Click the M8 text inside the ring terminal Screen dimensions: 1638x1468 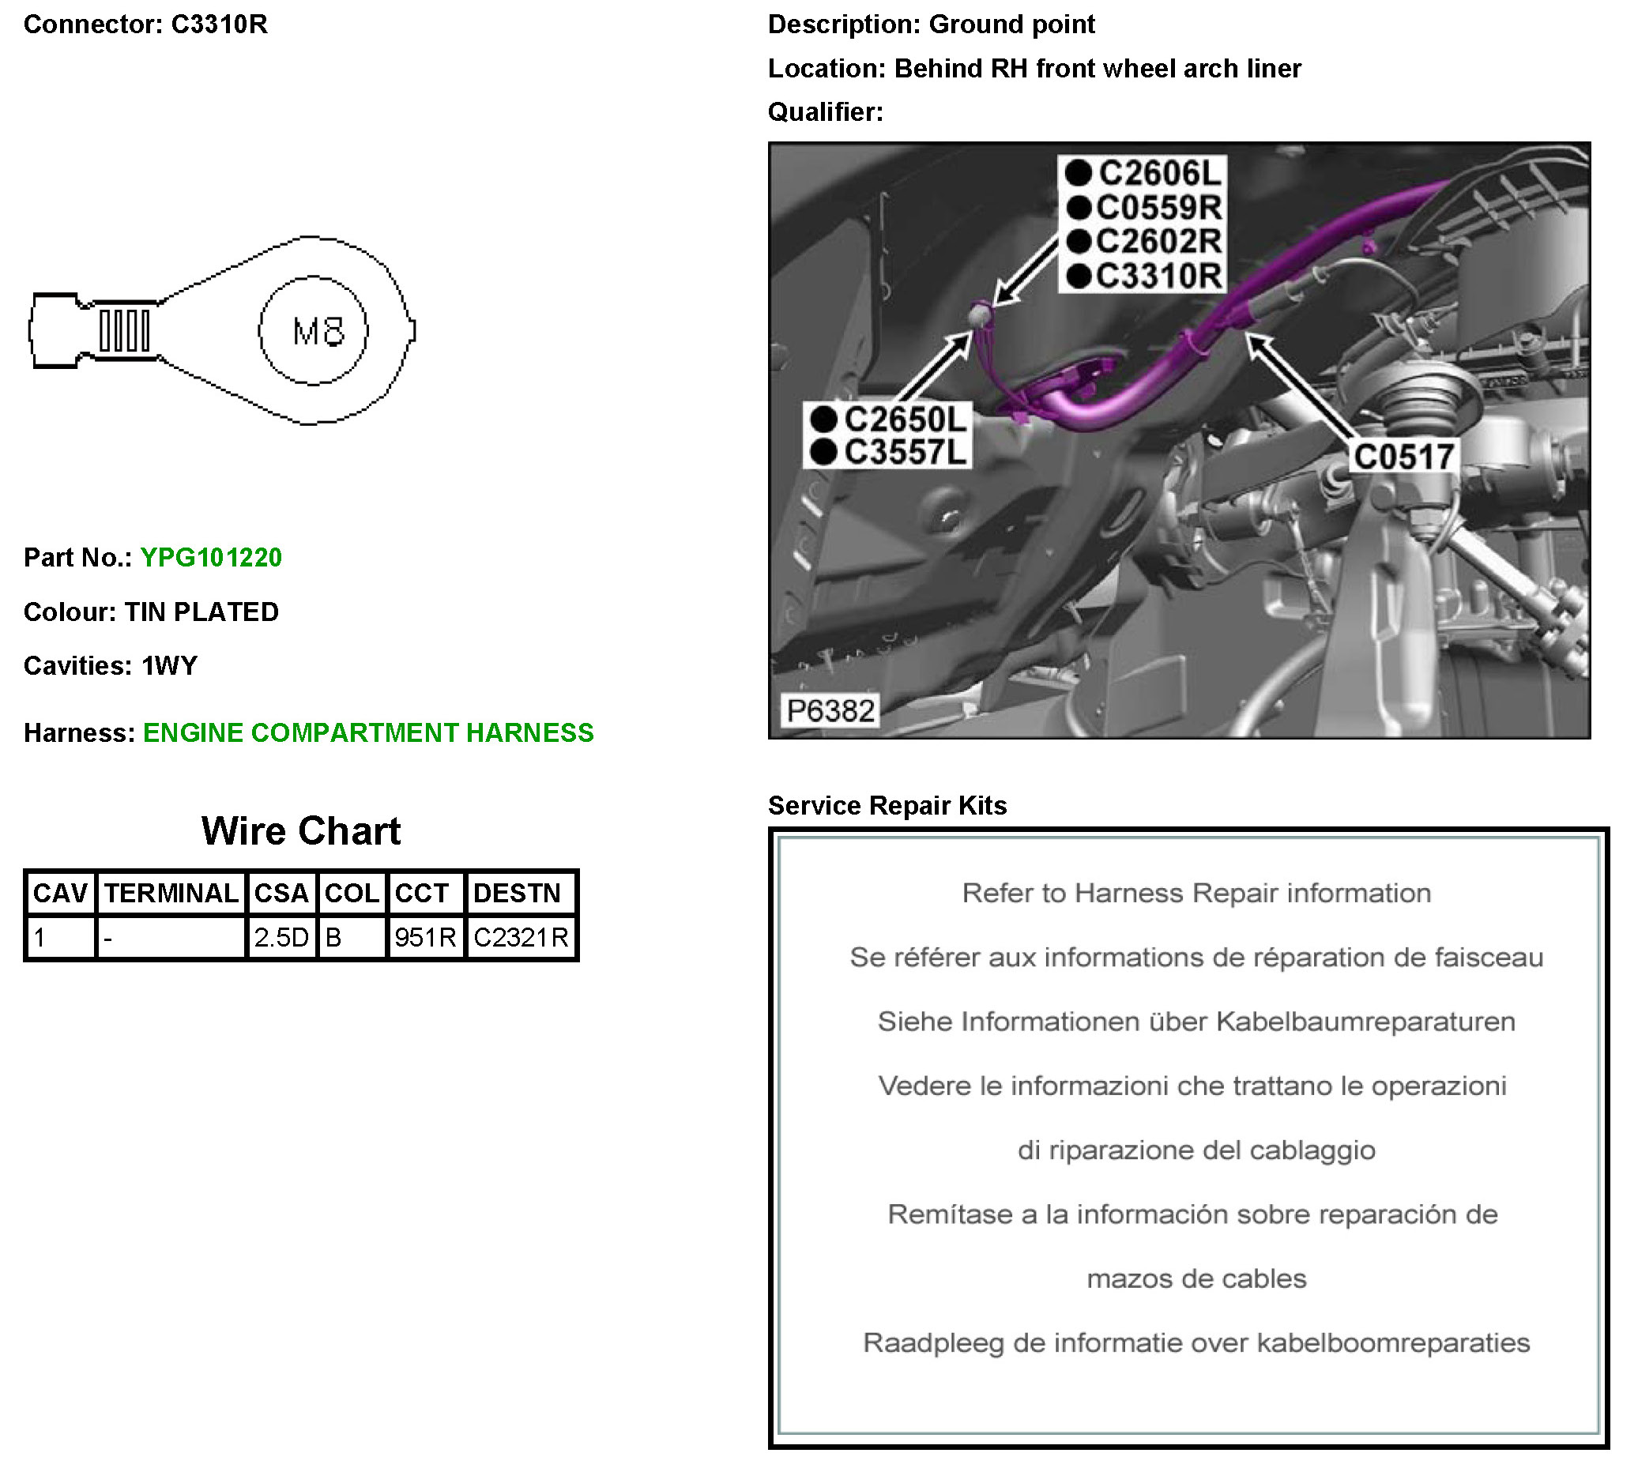pos(318,332)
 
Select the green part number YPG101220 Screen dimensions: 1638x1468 pos(210,557)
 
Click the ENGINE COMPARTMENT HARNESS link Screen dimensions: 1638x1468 pos(367,732)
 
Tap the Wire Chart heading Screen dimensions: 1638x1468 pos(301,831)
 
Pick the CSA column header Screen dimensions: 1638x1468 pos(281,893)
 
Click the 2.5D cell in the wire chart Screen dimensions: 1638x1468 pos(281,937)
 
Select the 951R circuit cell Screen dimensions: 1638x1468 pos(425,937)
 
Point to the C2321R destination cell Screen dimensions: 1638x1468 pos(521,937)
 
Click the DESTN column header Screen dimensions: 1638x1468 pos(516,893)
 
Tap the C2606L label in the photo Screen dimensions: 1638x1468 pos(1159,173)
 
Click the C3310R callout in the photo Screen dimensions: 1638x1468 pos(1158,276)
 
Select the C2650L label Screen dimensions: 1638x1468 pos(904,420)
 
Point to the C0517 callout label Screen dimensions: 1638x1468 pos(1403,457)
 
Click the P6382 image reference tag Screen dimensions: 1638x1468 pos(830,710)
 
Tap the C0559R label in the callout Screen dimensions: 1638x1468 pos(1158,208)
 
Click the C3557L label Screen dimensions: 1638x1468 pos(904,453)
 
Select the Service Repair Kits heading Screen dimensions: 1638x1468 pos(887,805)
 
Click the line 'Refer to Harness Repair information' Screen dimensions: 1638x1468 pos(1196,893)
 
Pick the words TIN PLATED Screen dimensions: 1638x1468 pos(201,612)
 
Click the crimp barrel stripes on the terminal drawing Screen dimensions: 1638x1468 pos(124,331)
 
